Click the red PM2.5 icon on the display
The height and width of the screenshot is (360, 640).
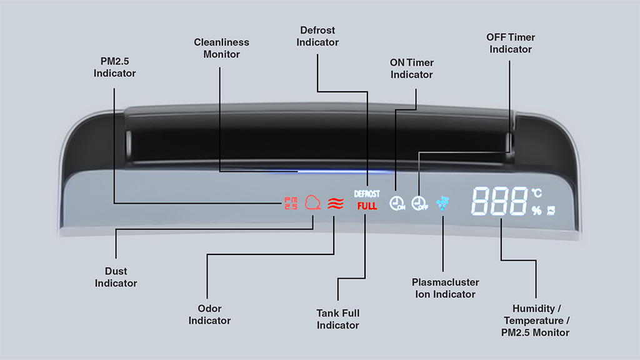[291, 203]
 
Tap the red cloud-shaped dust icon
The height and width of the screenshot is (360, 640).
[312, 202]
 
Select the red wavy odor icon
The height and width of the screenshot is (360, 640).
[336, 204]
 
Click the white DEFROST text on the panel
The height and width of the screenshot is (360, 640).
[366, 194]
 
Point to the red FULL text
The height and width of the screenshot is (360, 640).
[367, 206]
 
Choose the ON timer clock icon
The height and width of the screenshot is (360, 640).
[397, 203]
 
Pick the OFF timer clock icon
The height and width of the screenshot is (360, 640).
[419, 203]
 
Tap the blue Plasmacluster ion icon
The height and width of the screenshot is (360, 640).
[442, 203]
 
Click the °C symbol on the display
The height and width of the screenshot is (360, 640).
[537, 192]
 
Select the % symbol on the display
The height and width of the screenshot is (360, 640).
[536, 210]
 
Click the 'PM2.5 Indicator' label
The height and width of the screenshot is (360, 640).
[115, 67]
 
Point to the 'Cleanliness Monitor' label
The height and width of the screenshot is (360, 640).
[222, 48]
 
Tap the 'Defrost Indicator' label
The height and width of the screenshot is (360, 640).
[317, 36]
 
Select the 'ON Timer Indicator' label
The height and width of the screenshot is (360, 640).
[411, 69]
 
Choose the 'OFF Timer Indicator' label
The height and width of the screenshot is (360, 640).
[511, 43]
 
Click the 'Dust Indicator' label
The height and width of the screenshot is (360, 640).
[116, 277]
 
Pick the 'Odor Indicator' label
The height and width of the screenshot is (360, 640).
[209, 314]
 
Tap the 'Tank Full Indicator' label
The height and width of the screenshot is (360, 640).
[338, 319]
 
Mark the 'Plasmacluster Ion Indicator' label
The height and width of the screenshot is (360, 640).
[445, 288]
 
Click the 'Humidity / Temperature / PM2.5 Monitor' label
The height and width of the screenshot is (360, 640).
[536, 321]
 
